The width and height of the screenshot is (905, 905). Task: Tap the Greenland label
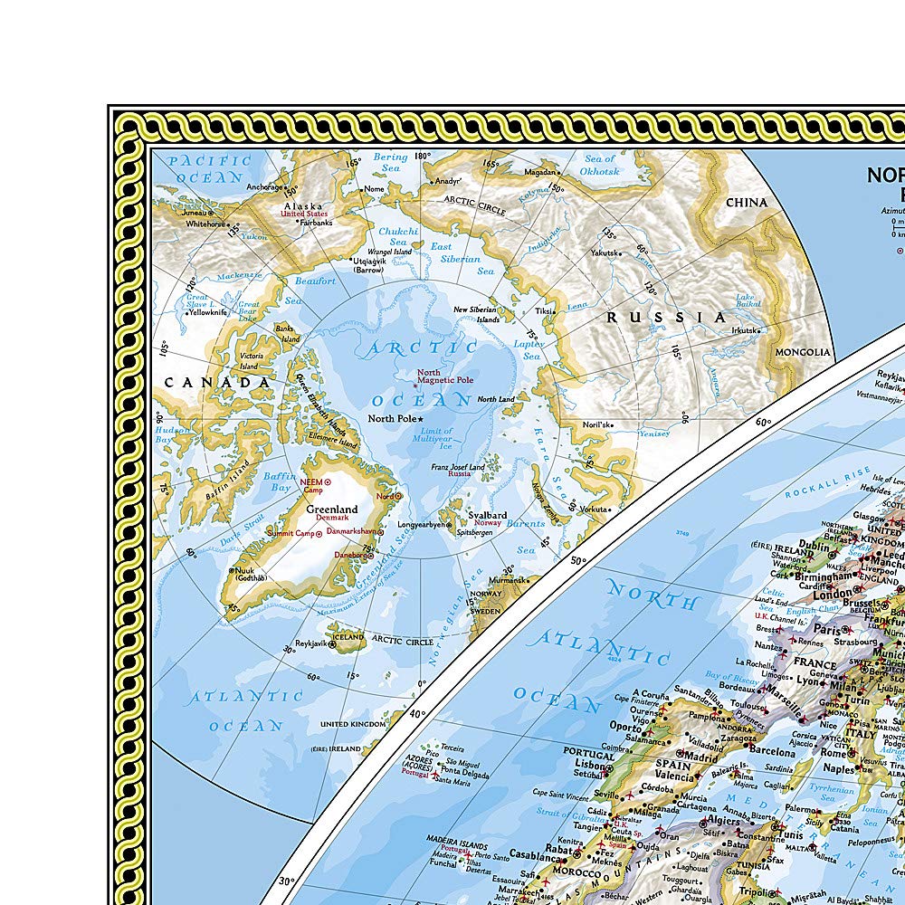pos(332,510)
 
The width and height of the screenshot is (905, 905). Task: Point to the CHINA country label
pos(747,203)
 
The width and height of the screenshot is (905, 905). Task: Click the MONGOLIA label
pos(803,352)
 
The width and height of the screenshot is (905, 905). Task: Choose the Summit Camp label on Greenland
pos(289,532)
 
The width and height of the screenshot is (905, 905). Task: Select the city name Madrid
pos(700,757)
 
